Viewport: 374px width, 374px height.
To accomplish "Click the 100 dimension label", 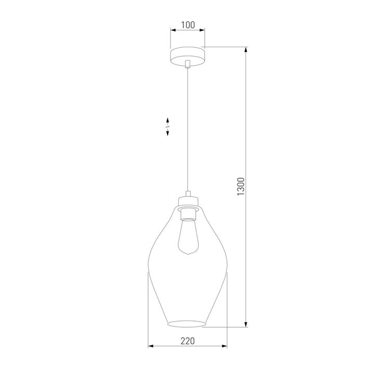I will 188,25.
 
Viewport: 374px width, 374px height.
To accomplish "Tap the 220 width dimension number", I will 188,341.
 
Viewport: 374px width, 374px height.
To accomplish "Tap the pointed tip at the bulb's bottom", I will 188,254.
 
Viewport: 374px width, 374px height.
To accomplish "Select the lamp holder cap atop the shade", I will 188,200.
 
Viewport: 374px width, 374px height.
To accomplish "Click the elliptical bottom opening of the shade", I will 188,325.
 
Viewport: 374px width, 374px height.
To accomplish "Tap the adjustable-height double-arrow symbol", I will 168,127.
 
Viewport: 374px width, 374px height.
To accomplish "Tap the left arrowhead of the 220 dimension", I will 151,346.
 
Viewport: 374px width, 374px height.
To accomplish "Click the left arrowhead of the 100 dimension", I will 173,31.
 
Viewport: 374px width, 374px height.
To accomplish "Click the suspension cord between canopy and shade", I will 188,130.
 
